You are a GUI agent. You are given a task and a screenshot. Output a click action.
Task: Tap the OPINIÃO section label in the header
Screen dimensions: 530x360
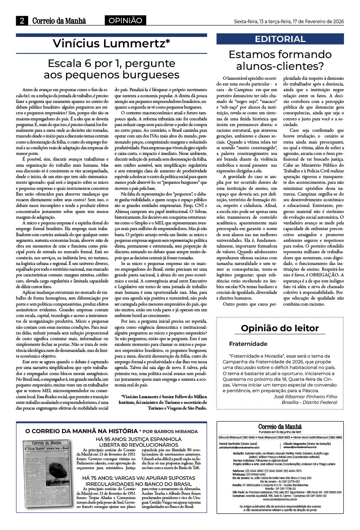[125, 21]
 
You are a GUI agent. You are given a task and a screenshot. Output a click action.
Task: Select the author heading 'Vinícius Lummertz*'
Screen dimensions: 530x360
[111, 43]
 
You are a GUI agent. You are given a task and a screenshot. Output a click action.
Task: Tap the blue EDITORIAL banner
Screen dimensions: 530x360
[280, 39]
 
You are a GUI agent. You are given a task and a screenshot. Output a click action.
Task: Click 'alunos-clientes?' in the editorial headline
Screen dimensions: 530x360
[280, 66]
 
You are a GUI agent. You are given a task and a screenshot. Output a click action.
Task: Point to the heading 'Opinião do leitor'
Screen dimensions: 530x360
[280, 328]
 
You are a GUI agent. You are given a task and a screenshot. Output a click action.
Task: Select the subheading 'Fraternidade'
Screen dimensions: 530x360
[248, 344]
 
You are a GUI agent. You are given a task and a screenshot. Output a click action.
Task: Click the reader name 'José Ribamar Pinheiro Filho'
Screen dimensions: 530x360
[305, 396]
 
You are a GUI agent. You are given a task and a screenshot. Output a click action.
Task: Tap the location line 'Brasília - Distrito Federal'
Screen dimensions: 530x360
[309, 402]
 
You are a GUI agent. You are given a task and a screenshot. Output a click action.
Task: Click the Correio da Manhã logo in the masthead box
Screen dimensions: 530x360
[280, 427]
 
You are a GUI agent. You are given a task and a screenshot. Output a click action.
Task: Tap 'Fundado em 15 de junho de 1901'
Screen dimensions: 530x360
[280, 432]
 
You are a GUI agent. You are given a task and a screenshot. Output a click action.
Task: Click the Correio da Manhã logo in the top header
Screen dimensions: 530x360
[59, 21]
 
